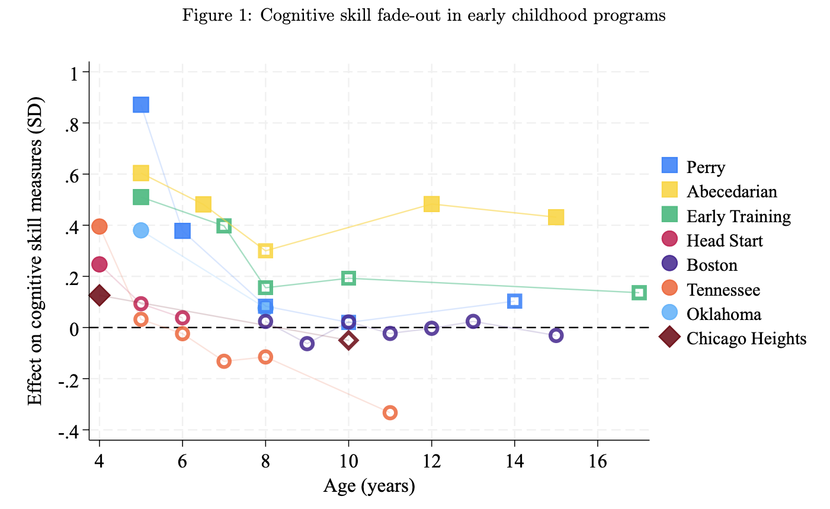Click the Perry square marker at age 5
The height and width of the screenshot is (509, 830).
pyautogui.click(x=140, y=105)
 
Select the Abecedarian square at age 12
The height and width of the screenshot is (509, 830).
pyautogui.click(x=431, y=204)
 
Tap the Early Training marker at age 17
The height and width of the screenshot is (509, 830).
pyautogui.click(x=639, y=292)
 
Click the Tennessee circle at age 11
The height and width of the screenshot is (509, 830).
pyautogui.click(x=390, y=412)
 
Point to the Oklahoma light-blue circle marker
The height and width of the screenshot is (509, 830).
pyautogui.click(x=140, y=230)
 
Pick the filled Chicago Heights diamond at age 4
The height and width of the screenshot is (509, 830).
pyautogui.click(x=99, y=295)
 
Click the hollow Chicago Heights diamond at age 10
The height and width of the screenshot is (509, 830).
pyautogui.click(x=348, y=340)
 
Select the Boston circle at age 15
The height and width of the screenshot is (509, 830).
pyautogui.click(x=556, y=335)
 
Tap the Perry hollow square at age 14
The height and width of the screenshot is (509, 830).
pyautogui.click(x=514, y=301)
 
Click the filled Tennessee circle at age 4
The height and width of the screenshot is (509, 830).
pyautogui.click(x=99, y=226)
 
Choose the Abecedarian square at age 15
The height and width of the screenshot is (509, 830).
pyautogui.click(x=556, y=217)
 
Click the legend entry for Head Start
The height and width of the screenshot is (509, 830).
pyautogui.click(x=725, y=241)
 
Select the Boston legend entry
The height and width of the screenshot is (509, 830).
pyautogui.click(x=712, y=265)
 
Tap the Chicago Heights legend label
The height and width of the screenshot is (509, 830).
pyautogui.click(x=746, y=338)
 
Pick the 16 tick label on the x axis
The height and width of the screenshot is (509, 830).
pyautogui.click(x=597, y=462)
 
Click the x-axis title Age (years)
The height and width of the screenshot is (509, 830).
pyautogui.click(x=369, y=486)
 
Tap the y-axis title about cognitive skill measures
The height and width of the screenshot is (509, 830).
pyautogui.click(x=36, y=249)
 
